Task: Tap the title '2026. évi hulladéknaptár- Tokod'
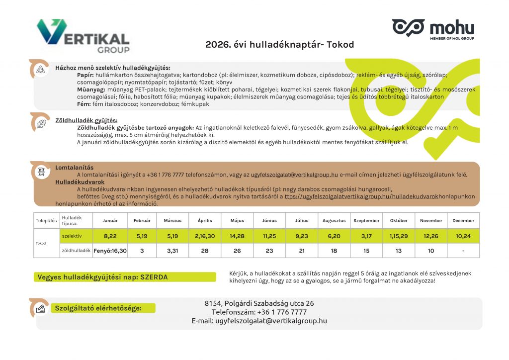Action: coord(279,45)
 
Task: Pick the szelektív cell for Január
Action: coord(110,236)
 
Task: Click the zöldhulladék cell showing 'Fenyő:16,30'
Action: coord(110,251)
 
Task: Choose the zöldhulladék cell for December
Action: coord(463,251)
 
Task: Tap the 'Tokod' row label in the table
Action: coord(41,244)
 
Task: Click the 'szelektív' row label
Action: coord(72,236)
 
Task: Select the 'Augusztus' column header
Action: coord(334,220)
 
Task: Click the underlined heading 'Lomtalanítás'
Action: coord(75,168)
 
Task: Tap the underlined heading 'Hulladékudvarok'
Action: coord(80,182)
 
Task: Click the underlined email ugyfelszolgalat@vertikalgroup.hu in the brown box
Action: coord(294,175)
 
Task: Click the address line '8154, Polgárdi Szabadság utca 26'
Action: coord(259,303)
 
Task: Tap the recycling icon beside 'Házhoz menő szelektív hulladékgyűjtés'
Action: coord(40,69)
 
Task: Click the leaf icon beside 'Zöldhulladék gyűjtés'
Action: coord(41,123)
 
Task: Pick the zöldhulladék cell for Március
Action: coord(173,251)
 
